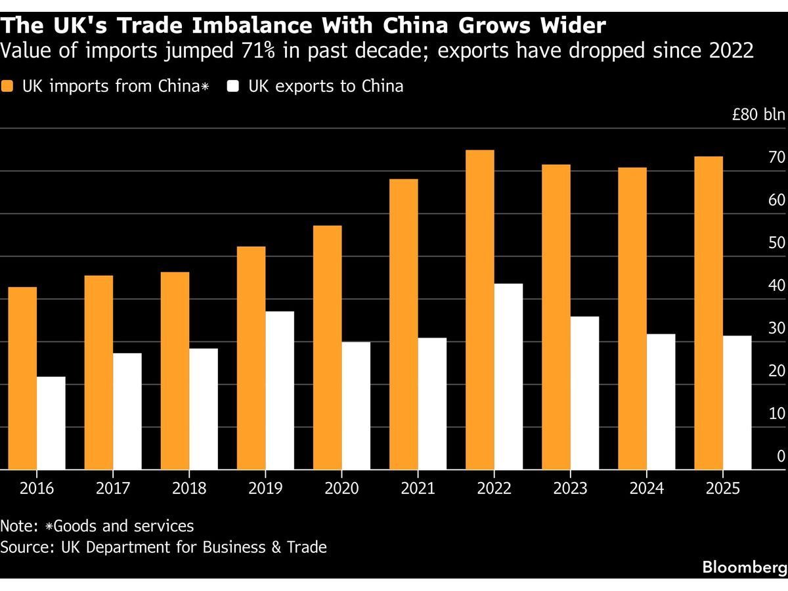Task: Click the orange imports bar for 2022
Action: pyautogui.click(x=479, y=310)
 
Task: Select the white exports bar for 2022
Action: pyautogui.click(x=508, y=376)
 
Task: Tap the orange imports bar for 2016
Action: pyautogui.click(x=22, y=378)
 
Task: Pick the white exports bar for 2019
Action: pyautogui.click(x=280, y=391)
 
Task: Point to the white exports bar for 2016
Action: pyautogui.click(x=51, y=423)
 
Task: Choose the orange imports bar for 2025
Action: pyautogui.click(x=709, y=313)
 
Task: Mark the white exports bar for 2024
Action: pyautogui.click(x=661, y=401)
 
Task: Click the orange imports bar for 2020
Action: pyautogui.click(x=328, y=347)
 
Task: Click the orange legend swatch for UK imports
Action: pyautogui.click(x=7, y=87)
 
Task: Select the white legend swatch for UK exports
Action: pyautogui.click(x=233, y=87)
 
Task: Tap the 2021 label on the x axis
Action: pyautogui.click(x=418, y=489)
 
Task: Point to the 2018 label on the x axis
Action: pyautogui.click(x=189, y=489)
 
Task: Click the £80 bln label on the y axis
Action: pyautogui.click(x=758, y=114)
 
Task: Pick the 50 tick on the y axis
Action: pyautogui.click(x=777, y=243)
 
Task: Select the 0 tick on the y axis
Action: pyautogui.click(x=781, y=456)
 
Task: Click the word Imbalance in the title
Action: pyautogui.click(x=252, y=26)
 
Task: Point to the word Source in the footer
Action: pyautogui.click(x=28, y=547)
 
